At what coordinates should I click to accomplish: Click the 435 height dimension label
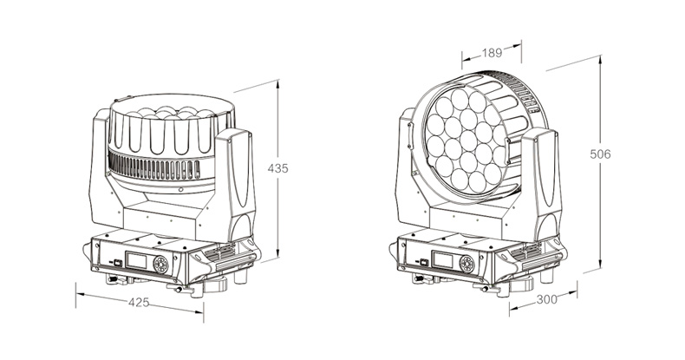click(277, 168)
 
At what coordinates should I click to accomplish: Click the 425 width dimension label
click(139, 302)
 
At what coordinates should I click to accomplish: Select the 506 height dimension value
click(600, 154)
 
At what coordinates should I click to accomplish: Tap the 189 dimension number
click(492, 53)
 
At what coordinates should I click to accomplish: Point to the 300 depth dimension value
click(547, 299)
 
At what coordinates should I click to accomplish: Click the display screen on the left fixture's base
click(136, 260)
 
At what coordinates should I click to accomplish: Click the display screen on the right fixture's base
click(442, 260)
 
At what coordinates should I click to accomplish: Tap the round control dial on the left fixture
click(160, 264)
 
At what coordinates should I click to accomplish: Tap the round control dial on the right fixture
click(466, 264)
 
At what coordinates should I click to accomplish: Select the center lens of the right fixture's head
click(468, 141)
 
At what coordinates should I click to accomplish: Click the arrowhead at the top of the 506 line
click(600, 61)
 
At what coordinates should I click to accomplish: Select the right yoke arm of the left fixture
click(234, 184)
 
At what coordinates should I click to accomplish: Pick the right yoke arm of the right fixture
click(541, 184)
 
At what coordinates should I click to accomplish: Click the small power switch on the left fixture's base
click(118, 262)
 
